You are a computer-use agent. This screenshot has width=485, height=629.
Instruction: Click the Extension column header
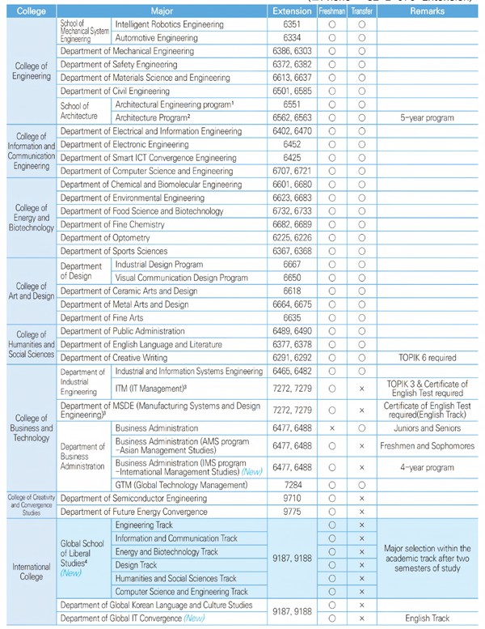[292, 12]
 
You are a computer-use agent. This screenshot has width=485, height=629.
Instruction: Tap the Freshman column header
[331, 12]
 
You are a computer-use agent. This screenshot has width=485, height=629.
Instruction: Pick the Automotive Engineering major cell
[157, 38]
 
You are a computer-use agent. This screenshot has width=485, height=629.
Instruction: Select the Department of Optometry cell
[105, 238]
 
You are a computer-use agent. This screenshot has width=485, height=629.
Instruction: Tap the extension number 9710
[292, 499]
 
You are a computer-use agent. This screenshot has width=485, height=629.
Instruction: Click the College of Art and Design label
[32, 291]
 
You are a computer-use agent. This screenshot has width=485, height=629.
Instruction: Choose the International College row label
[32, 572]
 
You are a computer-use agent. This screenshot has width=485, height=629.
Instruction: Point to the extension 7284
[292, 485]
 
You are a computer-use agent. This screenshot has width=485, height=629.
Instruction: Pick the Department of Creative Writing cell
[114, 357]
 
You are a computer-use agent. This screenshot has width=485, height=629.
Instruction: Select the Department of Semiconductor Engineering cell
[133, 499]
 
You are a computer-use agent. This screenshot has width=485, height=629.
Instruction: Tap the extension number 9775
[292, 512]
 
